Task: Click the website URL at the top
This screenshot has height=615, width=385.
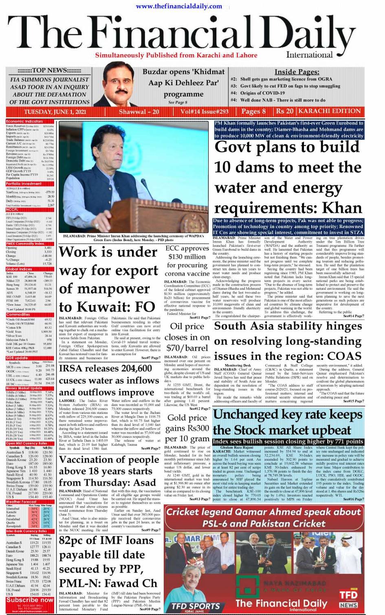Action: (x=179, y=6)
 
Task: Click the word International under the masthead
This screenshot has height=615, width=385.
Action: (x=309, y=55)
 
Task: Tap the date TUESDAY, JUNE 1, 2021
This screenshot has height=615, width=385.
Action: (x=55, y=112)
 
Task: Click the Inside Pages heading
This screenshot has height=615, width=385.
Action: (x=297, y=72)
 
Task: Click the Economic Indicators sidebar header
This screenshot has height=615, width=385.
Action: (x=24, y=121)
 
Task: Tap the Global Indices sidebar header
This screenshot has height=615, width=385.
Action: (x=19, y=269)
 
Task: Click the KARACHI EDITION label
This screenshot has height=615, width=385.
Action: (x=329, y=111)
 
